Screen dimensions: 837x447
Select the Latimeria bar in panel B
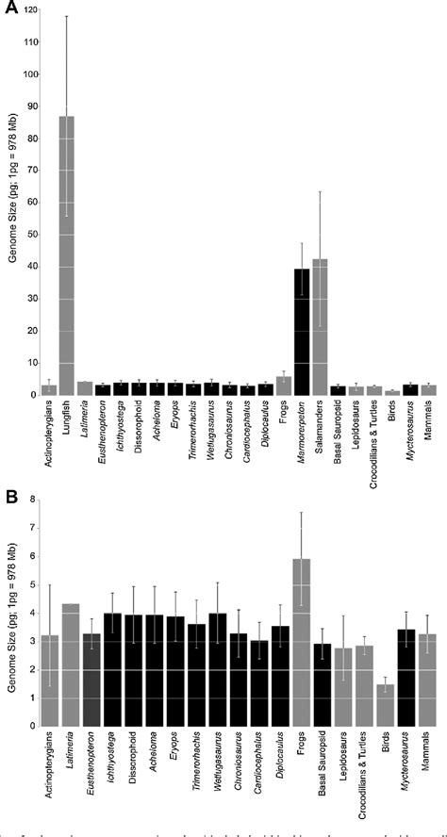coord(70,688)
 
